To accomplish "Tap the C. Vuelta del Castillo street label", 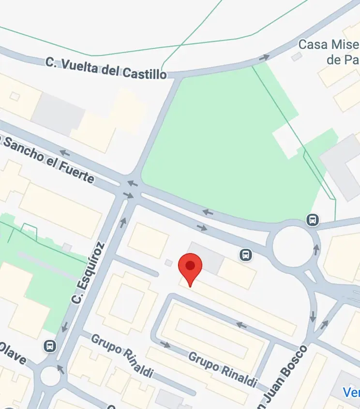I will click(106, 68).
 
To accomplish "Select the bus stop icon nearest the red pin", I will click(246, 254).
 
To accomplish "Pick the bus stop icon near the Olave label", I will click(49, 346).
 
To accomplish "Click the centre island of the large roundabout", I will click(292, 246).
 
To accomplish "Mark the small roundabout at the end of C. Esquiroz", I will click(50, 375).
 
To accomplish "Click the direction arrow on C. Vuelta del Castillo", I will click(264, 58).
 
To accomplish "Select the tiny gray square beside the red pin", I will click(168, 263).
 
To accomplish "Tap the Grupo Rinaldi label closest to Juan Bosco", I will click(222, 370).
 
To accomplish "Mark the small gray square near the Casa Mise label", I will click(297, 57).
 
